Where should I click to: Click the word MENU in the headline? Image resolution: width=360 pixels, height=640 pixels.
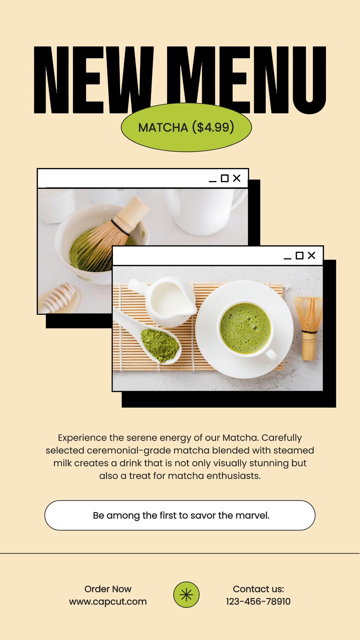[246, 80]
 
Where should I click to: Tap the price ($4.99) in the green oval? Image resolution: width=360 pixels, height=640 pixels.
[213, 127]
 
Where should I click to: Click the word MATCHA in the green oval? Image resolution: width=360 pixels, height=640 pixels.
[163, 128]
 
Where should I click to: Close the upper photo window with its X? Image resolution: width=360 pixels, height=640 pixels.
[237, 178]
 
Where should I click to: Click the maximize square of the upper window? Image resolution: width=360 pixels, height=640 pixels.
[225, 178]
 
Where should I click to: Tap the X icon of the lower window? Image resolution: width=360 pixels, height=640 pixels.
[312, 255]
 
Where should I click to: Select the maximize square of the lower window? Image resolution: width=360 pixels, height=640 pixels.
[300, 256]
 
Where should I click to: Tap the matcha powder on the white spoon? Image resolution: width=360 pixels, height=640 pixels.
[160, 345]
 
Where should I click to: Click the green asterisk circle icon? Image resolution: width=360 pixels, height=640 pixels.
[186, 595]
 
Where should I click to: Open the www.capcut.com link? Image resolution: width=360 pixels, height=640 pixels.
[108, 602]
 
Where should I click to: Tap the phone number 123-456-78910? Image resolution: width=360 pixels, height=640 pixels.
[258, 601]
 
